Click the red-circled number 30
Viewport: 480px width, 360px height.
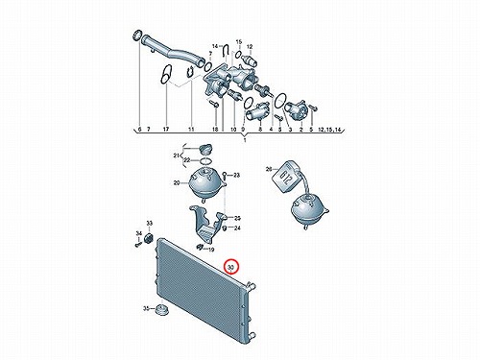231,267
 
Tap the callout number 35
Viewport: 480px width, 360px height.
146,308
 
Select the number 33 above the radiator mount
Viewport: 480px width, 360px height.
150,223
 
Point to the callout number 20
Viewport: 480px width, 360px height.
177,183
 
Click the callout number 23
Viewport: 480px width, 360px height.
236,175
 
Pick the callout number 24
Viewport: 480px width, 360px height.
237,228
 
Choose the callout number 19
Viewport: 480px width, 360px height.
211,250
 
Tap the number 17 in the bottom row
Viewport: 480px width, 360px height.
165,130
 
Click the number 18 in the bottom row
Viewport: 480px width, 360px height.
215,130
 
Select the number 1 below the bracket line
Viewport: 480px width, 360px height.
245,140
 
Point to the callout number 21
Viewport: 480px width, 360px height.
176,156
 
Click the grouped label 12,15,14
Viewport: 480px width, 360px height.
330,130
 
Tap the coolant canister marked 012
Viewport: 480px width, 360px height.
286,177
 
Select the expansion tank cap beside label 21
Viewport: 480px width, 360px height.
204,149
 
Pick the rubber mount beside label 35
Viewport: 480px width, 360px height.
161,310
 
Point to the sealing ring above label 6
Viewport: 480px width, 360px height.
137,36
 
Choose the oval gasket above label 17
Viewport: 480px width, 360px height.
166,75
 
